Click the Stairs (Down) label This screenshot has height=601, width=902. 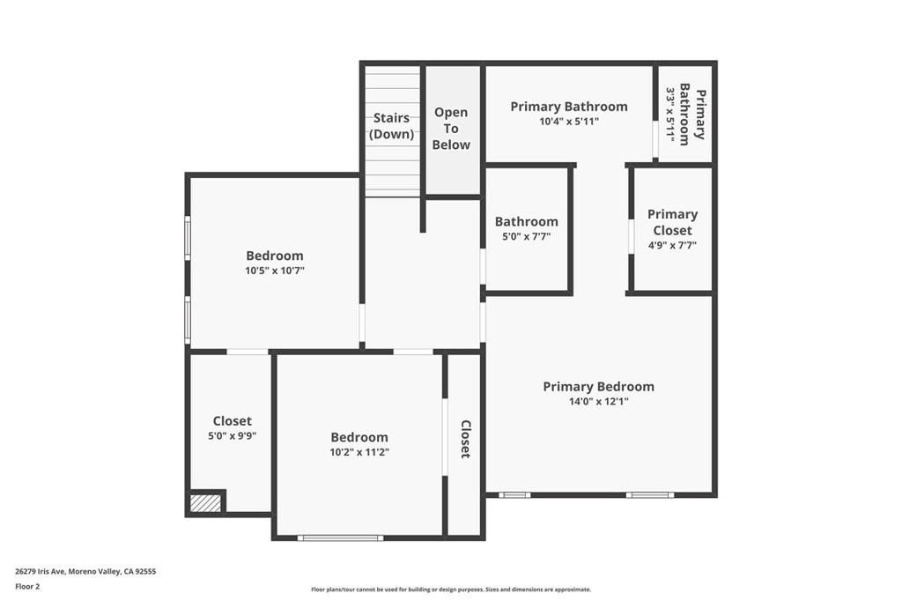pos(391,126)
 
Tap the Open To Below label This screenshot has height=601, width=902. pos(451,129)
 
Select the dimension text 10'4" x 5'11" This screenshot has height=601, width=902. pos(569,122)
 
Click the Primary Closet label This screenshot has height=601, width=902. pos(672,222)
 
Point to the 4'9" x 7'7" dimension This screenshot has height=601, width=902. pos(672,246)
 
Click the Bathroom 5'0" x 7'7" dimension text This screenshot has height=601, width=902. pos(526,237)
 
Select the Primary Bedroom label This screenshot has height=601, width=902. pos(598,386)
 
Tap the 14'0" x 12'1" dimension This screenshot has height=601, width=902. pos(598,402)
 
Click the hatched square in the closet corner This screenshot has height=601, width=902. pos(205,503)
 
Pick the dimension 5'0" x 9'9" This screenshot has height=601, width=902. pos(233,435)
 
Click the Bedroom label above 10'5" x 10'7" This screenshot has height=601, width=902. pos(275,256)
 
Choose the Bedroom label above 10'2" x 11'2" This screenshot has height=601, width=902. pos(359,437)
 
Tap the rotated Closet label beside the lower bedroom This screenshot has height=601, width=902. pos(465,439)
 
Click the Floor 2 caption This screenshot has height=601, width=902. pos(27,586)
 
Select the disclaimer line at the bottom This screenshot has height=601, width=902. pos(450,590)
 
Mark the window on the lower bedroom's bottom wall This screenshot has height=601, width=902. pos(340,538)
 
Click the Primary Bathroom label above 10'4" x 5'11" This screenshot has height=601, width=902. pos(569,107)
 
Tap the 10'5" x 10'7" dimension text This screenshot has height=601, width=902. pos(275,271)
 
